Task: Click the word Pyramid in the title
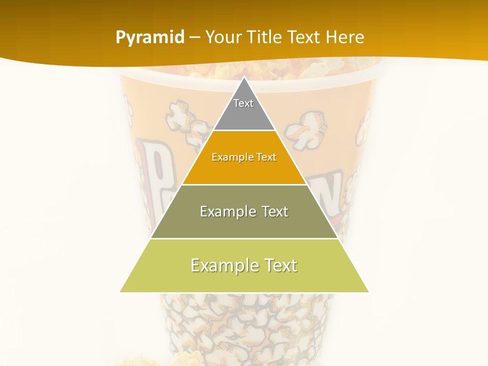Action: pos(150,38)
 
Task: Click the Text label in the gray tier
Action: pos(243,103)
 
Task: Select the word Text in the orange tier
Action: pos(266,158)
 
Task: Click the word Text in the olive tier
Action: pos(275,211)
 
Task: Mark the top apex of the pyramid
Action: pos(244,78)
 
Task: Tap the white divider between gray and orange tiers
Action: pos(244,131)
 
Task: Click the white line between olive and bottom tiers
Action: pos(244,238)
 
